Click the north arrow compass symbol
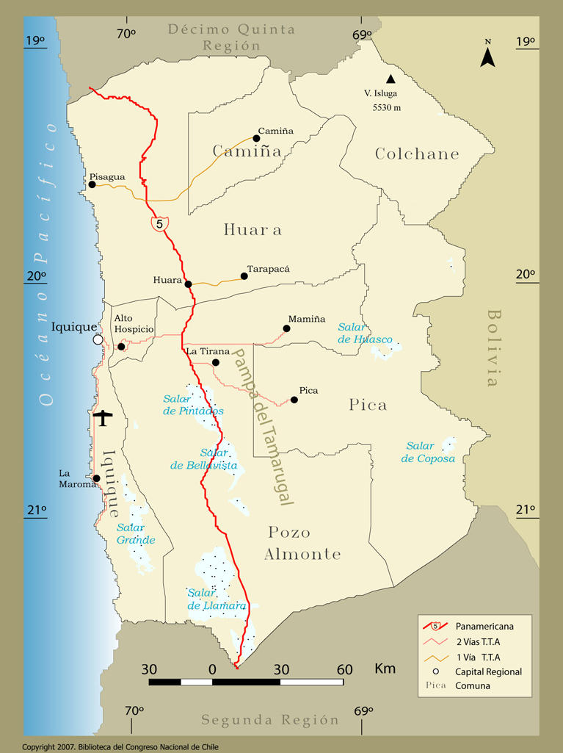pos(487,54)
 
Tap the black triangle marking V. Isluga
pos(391,79)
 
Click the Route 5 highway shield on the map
pos(159,223)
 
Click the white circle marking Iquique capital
pos(98,339)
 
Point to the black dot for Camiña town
pos(257,138)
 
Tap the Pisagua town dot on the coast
pos(92,184)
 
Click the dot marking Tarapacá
pos(244,276)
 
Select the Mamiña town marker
pos(286,328)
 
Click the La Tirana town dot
pos(215,362)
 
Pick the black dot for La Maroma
pos(96,478)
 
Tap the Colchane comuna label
pos(417,154)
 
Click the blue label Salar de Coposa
pos(428,452)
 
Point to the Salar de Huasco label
pos(365,333)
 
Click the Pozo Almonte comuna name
pos(303,543)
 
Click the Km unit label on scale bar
pos(385,669)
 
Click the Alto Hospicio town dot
pos(121,346)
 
